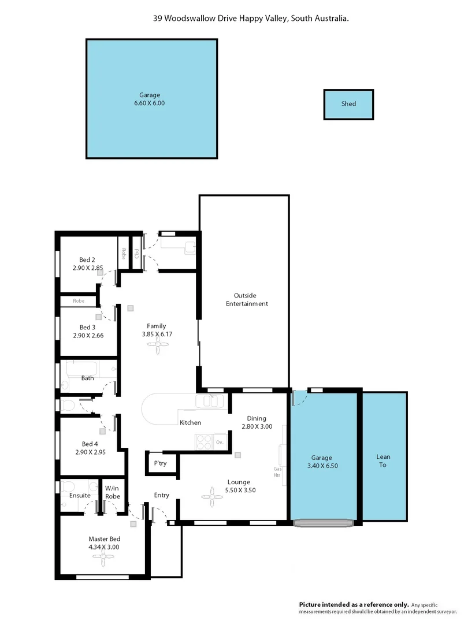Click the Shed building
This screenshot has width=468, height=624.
click(x=348, y=105)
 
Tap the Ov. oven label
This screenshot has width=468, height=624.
click(x=220, y=442)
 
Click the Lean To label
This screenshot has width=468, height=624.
click(x=382, y=460)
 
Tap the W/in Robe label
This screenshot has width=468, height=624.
click(x=113, y=492)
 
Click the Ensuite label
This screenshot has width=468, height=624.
click(x=80, y=495)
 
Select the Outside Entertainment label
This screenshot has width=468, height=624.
click(x=247, y=299)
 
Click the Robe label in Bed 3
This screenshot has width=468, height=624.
click(x=79, y=301)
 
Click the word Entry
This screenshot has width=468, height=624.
click(x=162, y=495)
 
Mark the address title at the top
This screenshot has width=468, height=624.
click(x=251, y=18)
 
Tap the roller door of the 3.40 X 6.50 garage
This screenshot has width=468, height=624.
click(x=324, y=523)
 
